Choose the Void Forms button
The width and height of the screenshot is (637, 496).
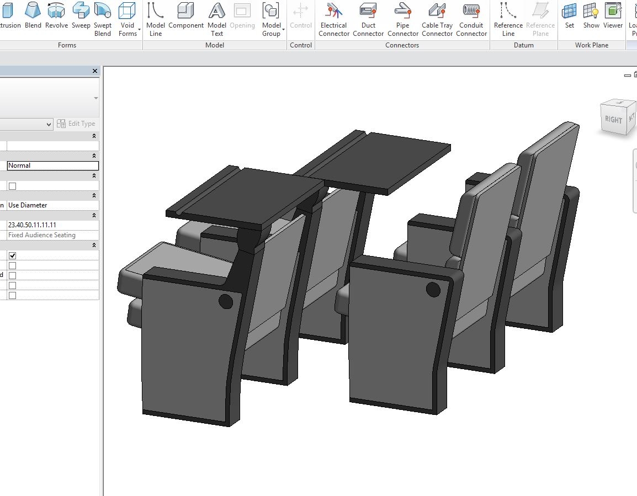tap(128, 18)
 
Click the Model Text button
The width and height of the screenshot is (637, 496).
tap(217, 18)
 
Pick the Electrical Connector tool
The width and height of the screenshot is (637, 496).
tap(334, 18)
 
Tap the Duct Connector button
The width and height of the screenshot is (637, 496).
tap(368, 18)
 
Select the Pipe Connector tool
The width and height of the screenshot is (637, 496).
tap(403, 18)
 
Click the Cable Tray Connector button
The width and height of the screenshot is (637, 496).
tap(438, 18)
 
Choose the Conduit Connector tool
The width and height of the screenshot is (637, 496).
tap(471, 18)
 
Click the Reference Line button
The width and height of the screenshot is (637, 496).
tap(508, 18)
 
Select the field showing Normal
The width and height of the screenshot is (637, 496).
tap(53, 166)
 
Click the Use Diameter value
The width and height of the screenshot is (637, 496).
tap(53, 205)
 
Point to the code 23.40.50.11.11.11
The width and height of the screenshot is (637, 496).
tap(53, 225)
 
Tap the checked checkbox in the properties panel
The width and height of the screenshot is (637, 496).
tap(13, 255)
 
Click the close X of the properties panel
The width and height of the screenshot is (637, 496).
tap(95, 71)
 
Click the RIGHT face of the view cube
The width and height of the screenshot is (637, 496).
tap(613, 119)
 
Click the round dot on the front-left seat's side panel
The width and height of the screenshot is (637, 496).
tap(226, 301)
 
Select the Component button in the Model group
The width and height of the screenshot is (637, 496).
tap(186, 18)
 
